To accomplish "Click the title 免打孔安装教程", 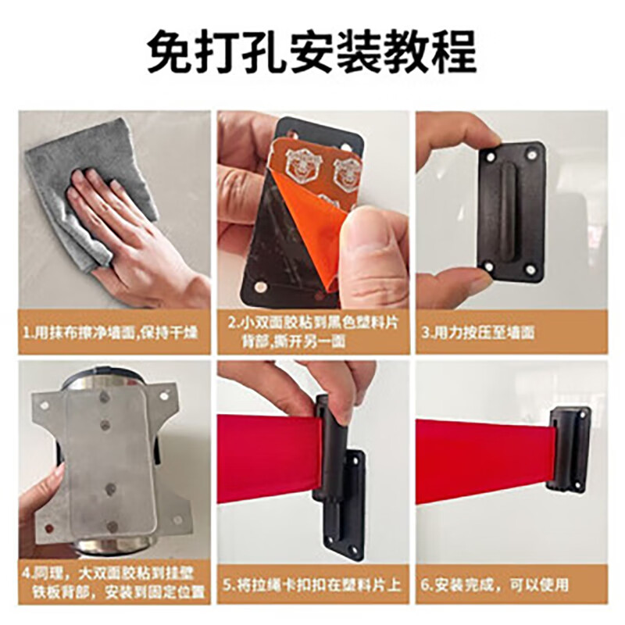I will pos(312,54).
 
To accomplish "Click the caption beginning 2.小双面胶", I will pos(313,331).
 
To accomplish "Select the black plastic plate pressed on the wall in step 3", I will pos(511,211).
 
